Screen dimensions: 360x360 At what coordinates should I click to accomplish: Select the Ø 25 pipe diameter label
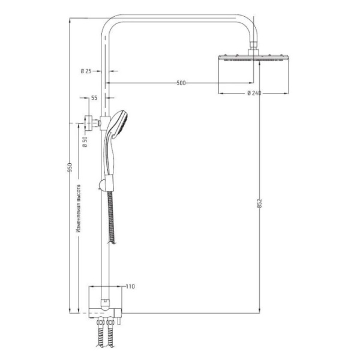pos(86,71)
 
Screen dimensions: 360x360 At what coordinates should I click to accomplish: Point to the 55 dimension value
pos(94,97)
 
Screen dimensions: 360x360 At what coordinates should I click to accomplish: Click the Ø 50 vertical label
pos(85,142)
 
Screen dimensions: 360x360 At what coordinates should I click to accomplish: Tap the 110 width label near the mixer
pos(130,287)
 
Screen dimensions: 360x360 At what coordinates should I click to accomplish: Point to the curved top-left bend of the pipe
pos(111,25)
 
